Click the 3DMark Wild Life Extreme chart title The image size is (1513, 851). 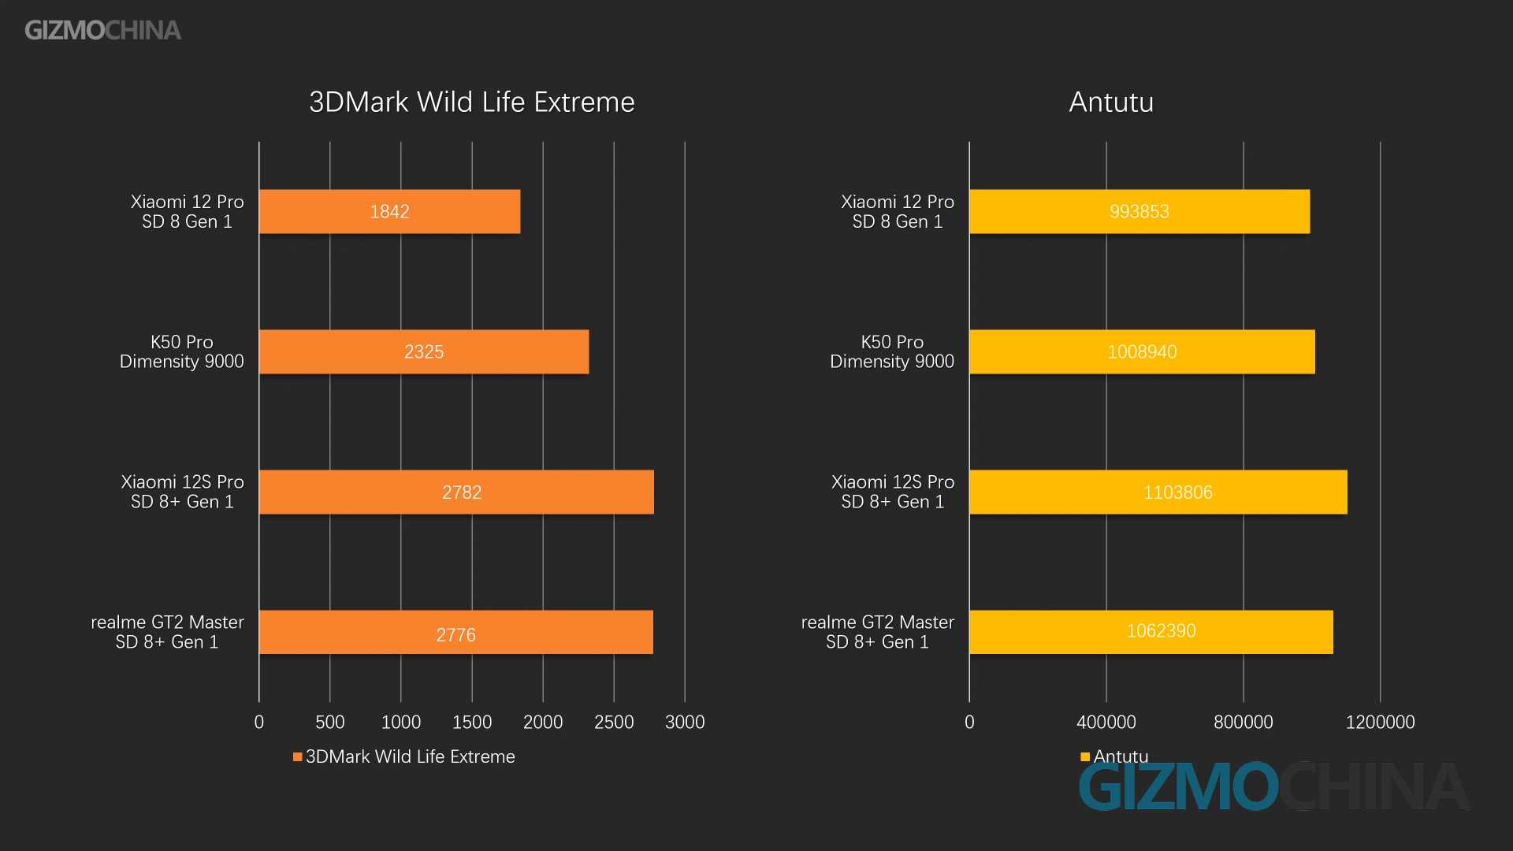pyautogui.click(x=471, y=102)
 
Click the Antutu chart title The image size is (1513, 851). pyautogui.click(x=1111, y=102)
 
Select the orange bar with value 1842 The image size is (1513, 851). pyautogui.click(x=389, y=211)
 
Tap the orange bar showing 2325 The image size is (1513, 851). pyautogui.click(x=423, y=351)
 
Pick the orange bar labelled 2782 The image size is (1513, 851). pyautogui.click(x=456, y=492)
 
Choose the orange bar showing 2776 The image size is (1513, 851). pyautogui.click(x=455, y=632)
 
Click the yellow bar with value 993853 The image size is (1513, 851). pyautogui.click(x=1139, y=211)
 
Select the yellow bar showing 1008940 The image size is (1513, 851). pyautogui.click(x=1142, y=351)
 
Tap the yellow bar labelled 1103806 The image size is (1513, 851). pyautogui.click(x=1158, y=492)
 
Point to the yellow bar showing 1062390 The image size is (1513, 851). pyautogui.click(x=1151, y=632)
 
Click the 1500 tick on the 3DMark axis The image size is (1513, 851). pyautogui.click(x=471, y=722)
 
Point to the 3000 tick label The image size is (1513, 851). pyautogui.click(x=684, y=722)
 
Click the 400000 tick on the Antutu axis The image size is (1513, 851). pyautogui.click(x=1106, y=722)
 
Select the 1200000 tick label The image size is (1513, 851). pyautogui.click(x=1380, y=722)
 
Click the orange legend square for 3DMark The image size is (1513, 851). pyautogui.click(x=298, y=757)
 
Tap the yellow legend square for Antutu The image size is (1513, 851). pyautogui.click(x=1085, y=757)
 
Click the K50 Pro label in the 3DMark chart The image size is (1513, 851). pyautogui.click(x=181, y=351)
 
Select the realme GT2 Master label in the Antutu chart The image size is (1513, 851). pyautogui.click(x=877, y=632)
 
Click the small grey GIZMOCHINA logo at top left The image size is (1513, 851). pyautogui.click(x=102, y=30)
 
